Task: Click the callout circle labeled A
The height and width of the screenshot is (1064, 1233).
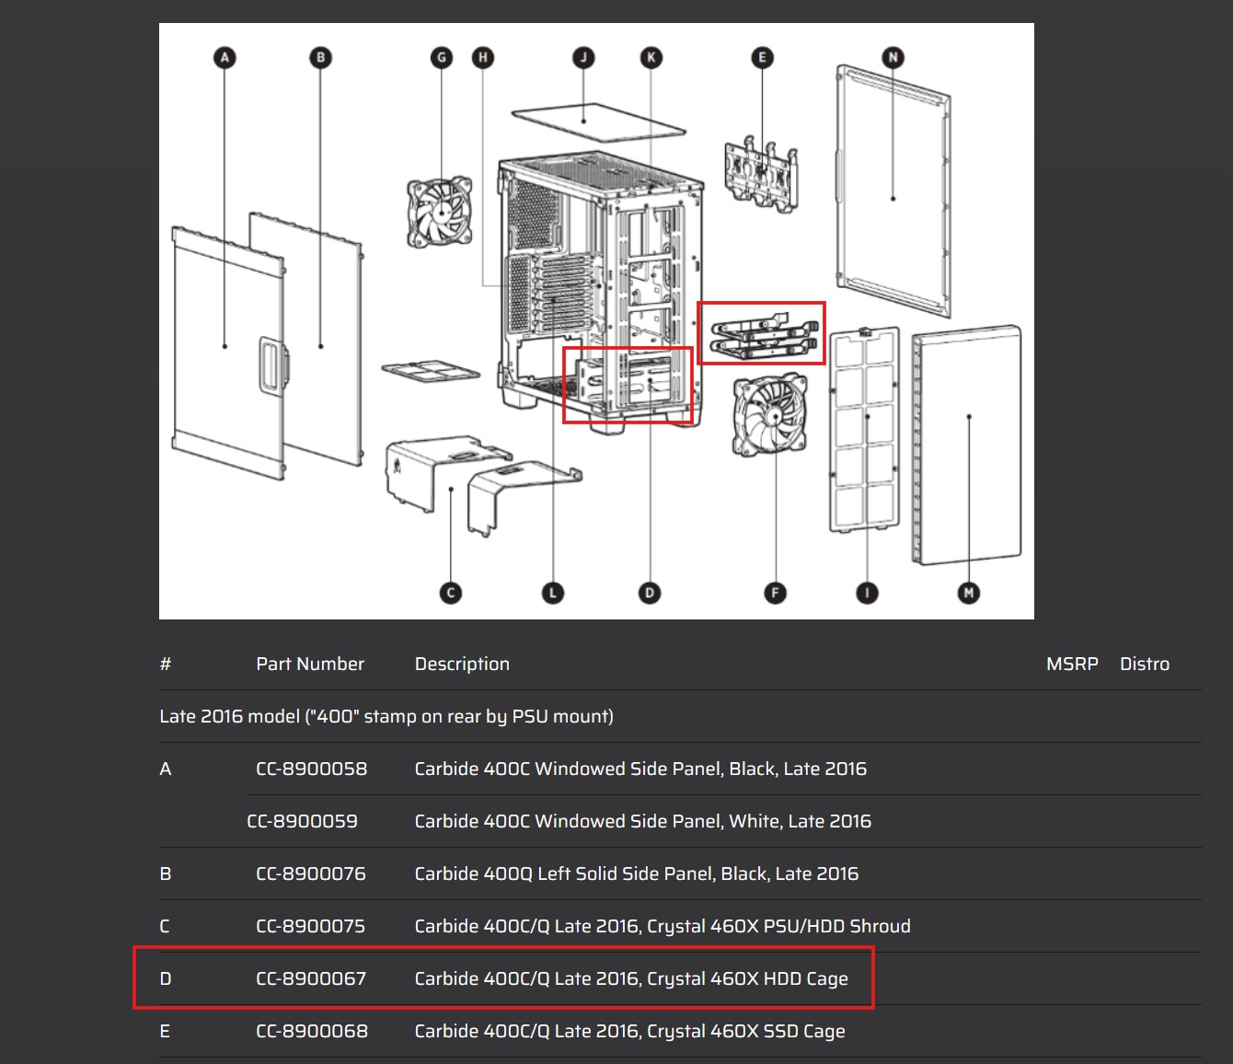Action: click(x=225, y=58)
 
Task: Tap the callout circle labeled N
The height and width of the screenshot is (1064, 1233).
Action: click(x=893, y=58)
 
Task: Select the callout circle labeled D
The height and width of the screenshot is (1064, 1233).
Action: click(x=649, y=593)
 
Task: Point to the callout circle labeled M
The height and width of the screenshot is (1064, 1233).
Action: click(x=968, y=593)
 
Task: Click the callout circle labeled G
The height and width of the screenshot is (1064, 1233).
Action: click(x=442, y=58)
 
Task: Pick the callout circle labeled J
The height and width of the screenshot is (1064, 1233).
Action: click(x=583, y=58)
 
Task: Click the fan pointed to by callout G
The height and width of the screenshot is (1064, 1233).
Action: click(x=440, y=212)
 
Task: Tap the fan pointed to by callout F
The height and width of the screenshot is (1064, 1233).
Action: click(x=770, y=415)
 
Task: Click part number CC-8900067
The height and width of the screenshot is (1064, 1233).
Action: click(x=311, y=978)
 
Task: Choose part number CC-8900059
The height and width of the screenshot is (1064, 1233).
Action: click(x=302, y=821)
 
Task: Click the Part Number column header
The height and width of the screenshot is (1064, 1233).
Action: click(x=309, y=664)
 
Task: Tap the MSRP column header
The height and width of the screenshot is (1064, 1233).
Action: click(x=1072, y=664)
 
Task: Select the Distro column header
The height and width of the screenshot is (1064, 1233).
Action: click(x=1144, y=664)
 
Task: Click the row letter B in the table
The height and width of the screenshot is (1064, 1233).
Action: click(x=166, y=873)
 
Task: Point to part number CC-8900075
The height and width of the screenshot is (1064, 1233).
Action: click(x=310, y=926)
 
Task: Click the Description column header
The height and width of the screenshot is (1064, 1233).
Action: click(x=462, y=665)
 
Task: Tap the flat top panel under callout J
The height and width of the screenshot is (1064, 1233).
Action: click(x=598, y=122)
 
